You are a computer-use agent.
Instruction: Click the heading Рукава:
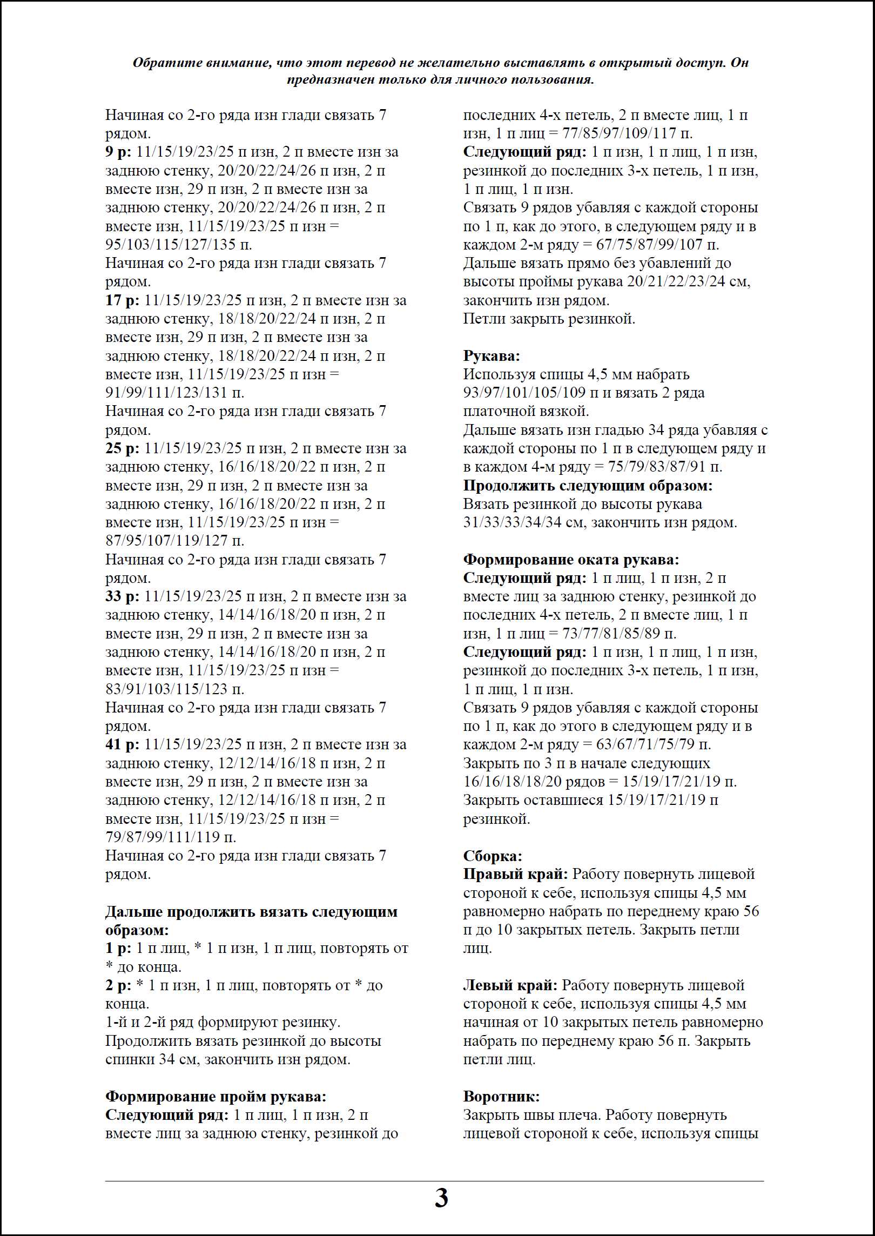tap(492, 356)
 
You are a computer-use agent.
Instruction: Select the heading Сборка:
tap(493, 856)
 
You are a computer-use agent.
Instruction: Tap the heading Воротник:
tap(501, 1097)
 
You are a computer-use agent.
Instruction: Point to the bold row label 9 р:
tap(118, 152)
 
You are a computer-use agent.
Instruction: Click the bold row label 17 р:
tap(122, 300)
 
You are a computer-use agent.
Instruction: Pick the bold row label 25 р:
tap(122, 448)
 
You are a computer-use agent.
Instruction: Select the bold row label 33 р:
tap(122, 596)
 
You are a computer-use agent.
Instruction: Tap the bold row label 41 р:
tap(122, 744)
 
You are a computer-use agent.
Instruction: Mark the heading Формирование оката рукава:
tap(571, 560)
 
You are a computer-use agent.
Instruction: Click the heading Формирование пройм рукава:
tap(216, 1097)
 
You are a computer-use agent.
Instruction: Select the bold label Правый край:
tap(515, 874)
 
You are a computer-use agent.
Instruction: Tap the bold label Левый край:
tap(510, 985)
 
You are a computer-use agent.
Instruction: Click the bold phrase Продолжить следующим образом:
tap(588, 486)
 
